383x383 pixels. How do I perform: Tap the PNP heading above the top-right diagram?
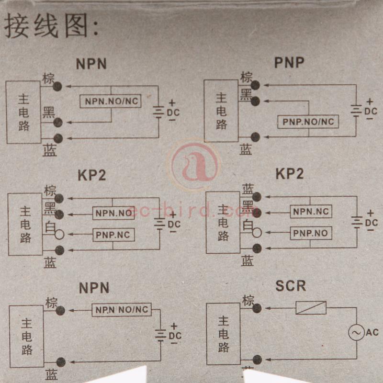coord(289,62)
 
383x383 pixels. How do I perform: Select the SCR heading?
coord(290,286)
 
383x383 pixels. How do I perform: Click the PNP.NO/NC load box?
coord(308,122)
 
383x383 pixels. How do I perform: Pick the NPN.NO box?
coord(113,213)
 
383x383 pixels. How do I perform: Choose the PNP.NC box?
coord(113,235)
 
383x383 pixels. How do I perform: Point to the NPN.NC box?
coord(311,211)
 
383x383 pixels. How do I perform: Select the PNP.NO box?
coord(311,233)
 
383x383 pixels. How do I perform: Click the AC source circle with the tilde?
coord(357,332)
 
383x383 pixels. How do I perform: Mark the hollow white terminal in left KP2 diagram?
coord(59,235)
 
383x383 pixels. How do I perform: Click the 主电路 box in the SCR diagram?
coord(223,334)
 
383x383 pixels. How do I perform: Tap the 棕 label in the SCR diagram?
coord(248,301)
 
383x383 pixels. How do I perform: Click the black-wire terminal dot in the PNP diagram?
coord(255,101)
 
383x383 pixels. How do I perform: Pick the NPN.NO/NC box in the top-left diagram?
coord(110,101)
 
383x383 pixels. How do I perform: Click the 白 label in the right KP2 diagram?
coord(248,225)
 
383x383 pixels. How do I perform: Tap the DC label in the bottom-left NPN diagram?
coord(175,336)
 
